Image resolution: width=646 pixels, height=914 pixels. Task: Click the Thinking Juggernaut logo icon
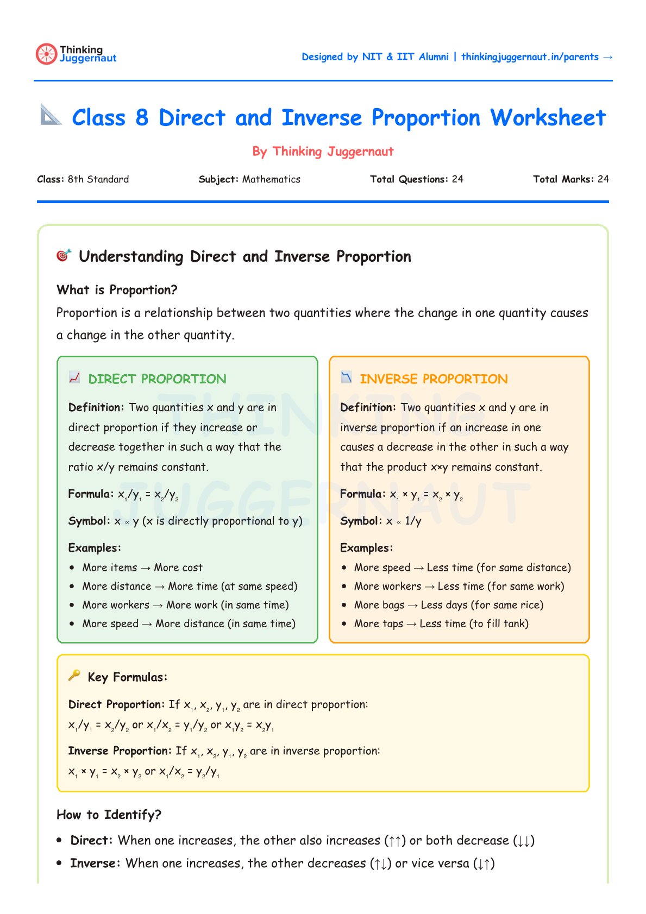pos(46,54)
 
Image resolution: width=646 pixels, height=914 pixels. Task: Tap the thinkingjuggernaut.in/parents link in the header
pos(530,57)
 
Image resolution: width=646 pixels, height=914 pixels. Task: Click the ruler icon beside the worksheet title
pos(51,115)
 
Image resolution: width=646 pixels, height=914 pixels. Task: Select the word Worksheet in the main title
pos(548,118)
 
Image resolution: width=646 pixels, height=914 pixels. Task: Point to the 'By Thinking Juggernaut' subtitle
pos(323,152)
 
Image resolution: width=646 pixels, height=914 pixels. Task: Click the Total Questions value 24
pos(457,179)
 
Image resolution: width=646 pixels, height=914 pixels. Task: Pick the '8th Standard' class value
pos(98,179)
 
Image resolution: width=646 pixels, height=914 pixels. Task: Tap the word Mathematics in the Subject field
pos(271,179)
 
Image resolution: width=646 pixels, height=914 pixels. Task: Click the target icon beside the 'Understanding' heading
pos(64,255)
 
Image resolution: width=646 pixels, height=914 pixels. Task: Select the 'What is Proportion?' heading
pos(117,290)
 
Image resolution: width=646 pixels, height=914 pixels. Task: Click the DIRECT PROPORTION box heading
pos(157,379)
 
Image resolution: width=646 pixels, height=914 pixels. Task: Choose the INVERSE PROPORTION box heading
pos(434,379)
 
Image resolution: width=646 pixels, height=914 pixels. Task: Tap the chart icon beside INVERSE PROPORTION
pos(346,377)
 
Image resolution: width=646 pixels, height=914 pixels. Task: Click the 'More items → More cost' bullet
pos(142,568)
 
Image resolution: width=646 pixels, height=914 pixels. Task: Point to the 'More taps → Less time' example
pos(441,624)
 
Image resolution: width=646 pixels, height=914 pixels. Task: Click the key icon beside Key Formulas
pos(74,675)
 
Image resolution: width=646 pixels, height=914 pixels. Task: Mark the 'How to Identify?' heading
pos(109,815)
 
